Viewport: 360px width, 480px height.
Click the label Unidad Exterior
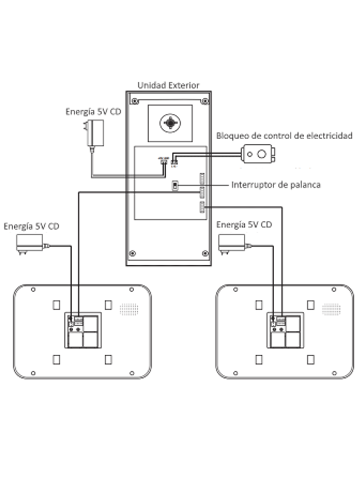[x=168, y=85]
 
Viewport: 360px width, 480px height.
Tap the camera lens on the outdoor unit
[x=169, y=123]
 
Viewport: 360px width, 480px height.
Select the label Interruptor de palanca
[x=276, y=185]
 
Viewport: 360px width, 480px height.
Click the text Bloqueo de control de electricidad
[x=284, y=136]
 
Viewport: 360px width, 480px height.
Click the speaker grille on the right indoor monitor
[x=331, y=309]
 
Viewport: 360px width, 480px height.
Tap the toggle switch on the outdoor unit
[x=175, y=186]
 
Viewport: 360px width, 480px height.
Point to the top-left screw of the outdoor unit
[x=135, y=101]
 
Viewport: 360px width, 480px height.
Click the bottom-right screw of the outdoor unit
[x=204, y=253]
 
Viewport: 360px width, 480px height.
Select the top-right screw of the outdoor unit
[x=204, y=101]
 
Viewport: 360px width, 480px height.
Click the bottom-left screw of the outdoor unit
[x=133, y=253]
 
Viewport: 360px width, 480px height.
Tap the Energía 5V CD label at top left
[x=93, y=112]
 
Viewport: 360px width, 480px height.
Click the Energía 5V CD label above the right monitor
[x=244, y=225]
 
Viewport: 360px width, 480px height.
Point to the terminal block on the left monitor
[x=78, y=320]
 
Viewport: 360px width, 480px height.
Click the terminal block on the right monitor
[x=281, y=320]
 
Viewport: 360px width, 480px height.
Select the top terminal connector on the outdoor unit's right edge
[x=202, y=179]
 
